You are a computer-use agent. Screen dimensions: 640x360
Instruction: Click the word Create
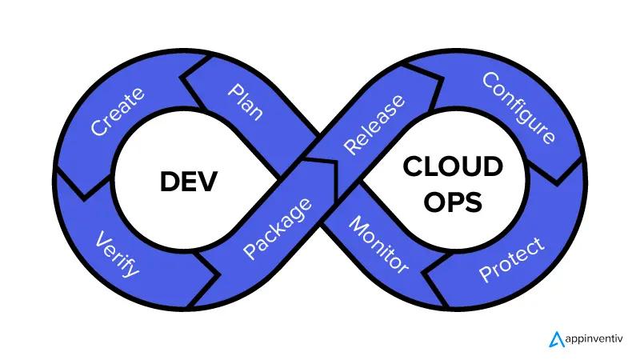pyautogui.click(x=118, y=111)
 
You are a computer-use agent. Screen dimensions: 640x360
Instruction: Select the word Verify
pyautogui.click(x=117, y=254)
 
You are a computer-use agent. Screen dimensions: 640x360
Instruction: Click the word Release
pyautogui.click(x=374, y=125)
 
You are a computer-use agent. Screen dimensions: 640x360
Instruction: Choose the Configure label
pyautogui.click(x=518, y=108)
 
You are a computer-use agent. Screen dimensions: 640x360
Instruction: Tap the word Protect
pyautogui.click(x=512, y=259)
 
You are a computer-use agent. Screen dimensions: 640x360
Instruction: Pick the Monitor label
pyautogui.click(x=378, y=245)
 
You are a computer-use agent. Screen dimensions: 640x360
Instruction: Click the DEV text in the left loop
pyautogui.click(x=188, y=182)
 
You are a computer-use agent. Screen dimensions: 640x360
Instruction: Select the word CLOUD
pyautogui.click(x=453, y=166)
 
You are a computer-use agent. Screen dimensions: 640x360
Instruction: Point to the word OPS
pyautogui.click(x=453, y=202)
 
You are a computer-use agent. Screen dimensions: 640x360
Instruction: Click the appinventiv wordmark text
pyautogui.click(x=594, y=338)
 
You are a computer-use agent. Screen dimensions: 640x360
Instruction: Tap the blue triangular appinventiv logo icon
pyautogui.click(x=556, y=339)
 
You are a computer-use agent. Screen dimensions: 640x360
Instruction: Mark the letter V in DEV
pyautogui.click(x=207, y=182)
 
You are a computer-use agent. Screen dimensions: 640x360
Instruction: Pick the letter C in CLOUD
pyautogui.click(x=413, y=166)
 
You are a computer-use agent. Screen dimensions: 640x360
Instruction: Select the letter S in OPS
pyautogui.click(x=474, y=202)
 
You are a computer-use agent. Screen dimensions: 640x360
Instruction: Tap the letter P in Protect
pyautogui.click(x=486, y=274)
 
